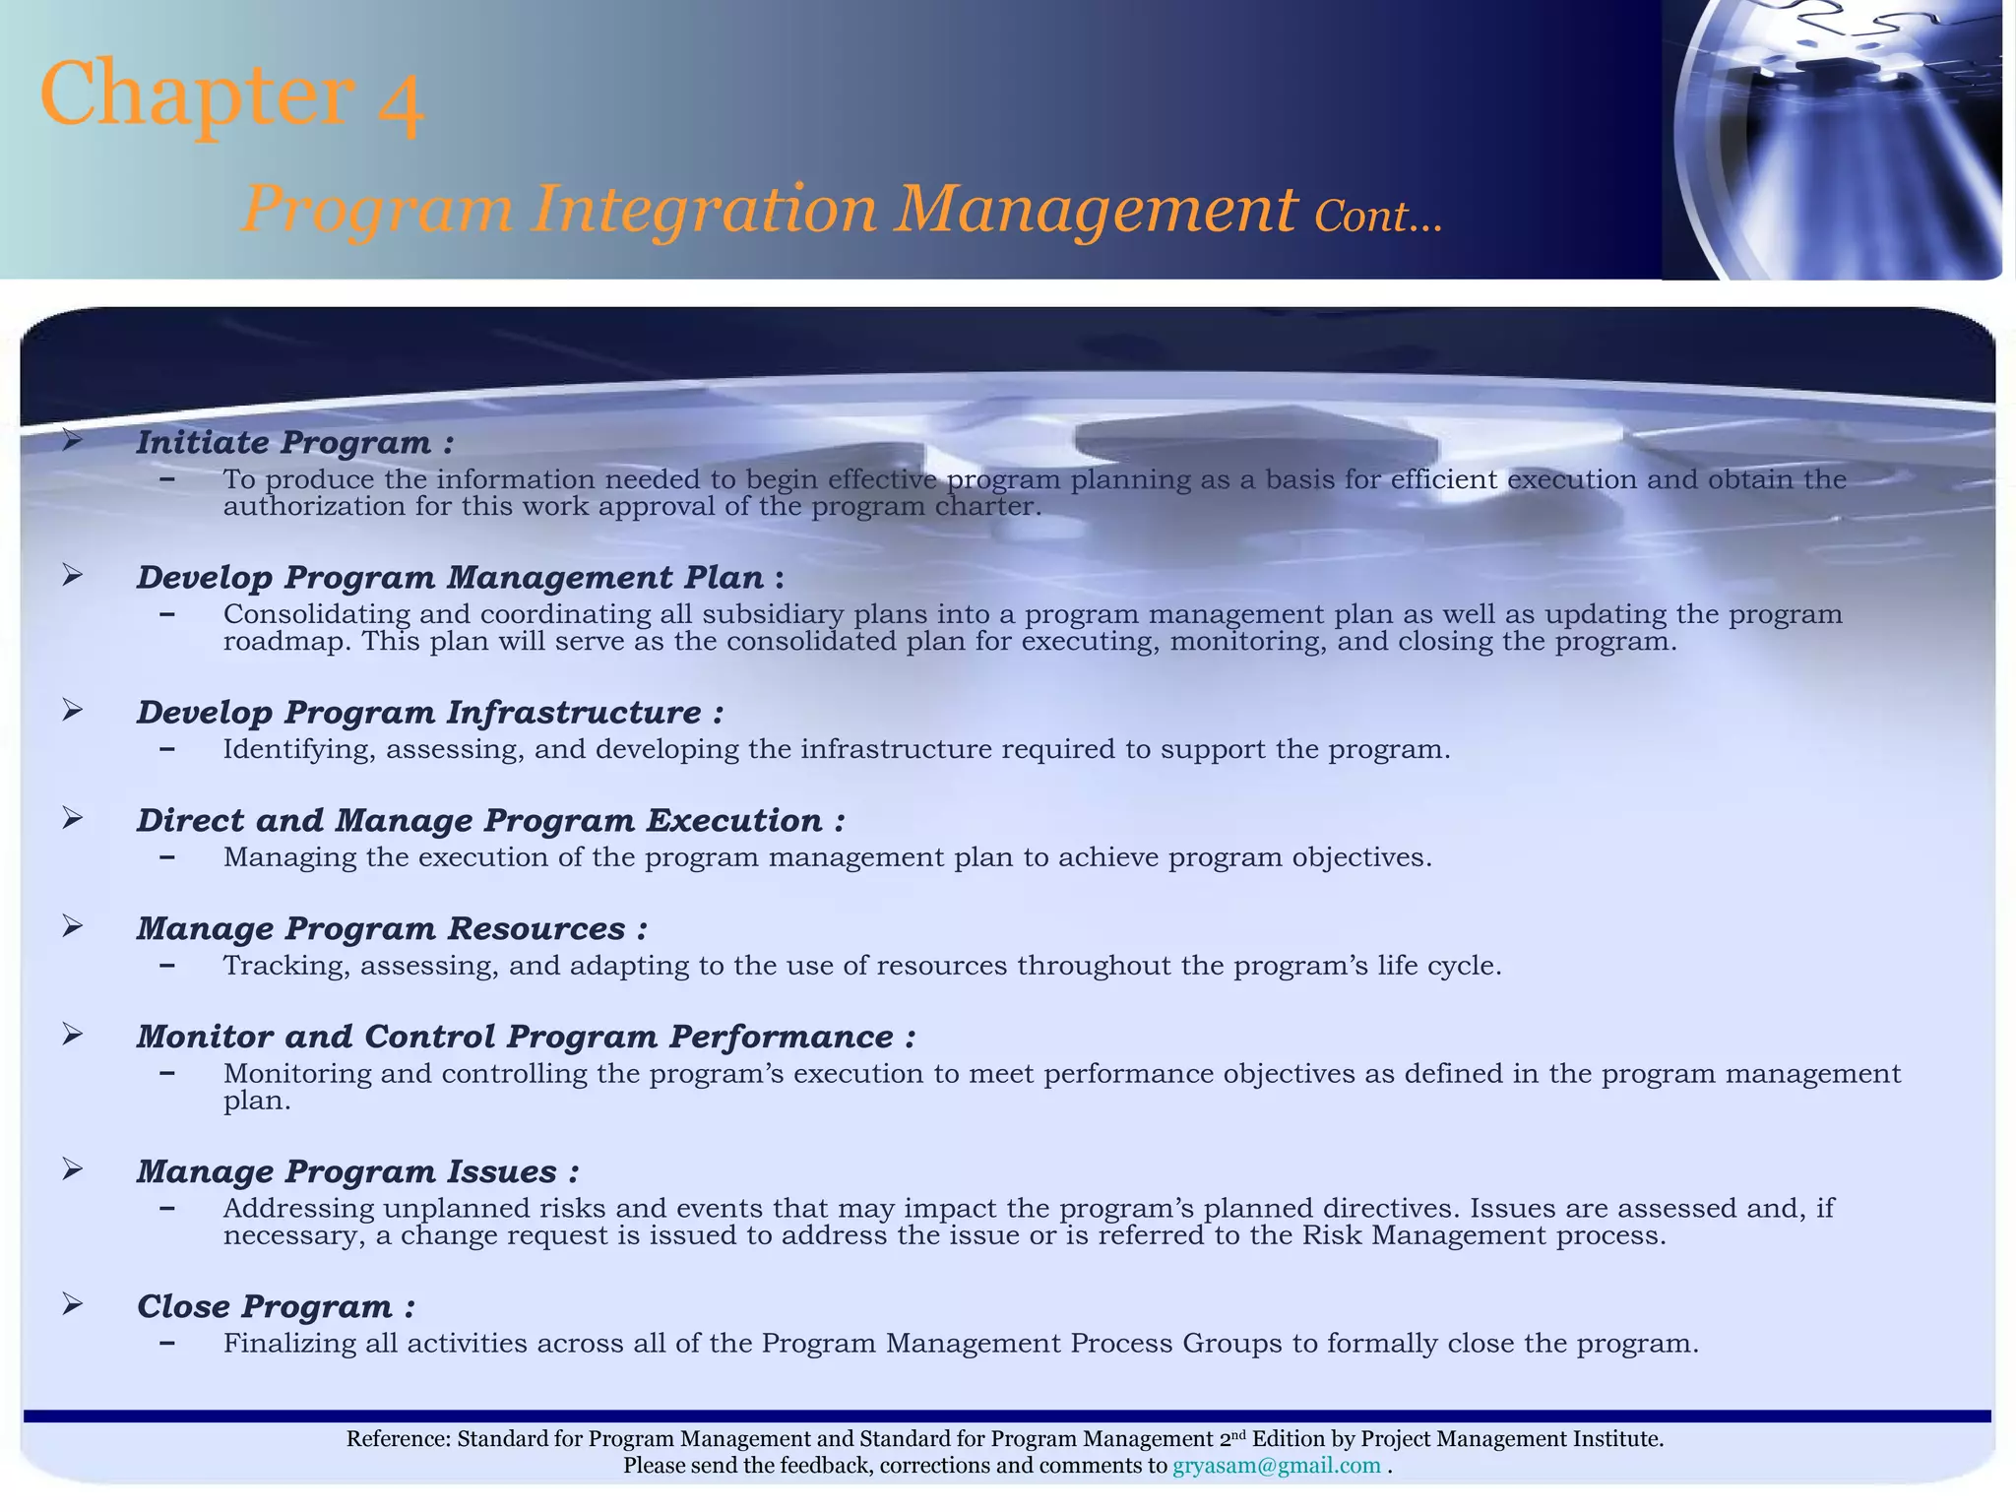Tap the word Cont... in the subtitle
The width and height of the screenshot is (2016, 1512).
click(x=1378, y=216)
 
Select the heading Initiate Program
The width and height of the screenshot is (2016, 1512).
click(x=294, y=443)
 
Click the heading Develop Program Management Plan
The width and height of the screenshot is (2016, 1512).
click(x=460, y=578)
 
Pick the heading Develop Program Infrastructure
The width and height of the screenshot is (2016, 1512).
click(x=429, y=713)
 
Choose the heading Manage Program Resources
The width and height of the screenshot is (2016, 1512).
click(x=391, y=929)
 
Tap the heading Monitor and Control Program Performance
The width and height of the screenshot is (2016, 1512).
click(x=526, y=1038)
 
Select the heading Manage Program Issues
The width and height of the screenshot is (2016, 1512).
click(x=357, y=1172)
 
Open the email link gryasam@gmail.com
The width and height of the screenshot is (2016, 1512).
click(x=1276, y=1466)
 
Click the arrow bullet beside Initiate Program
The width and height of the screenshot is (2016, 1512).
click(x=72, y=440)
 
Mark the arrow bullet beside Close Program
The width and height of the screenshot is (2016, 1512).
click(x=72, y=1304)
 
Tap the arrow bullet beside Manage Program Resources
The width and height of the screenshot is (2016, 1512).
click(x=72, y=926)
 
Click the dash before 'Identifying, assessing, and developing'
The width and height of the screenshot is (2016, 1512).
click(x=167, y=749)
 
